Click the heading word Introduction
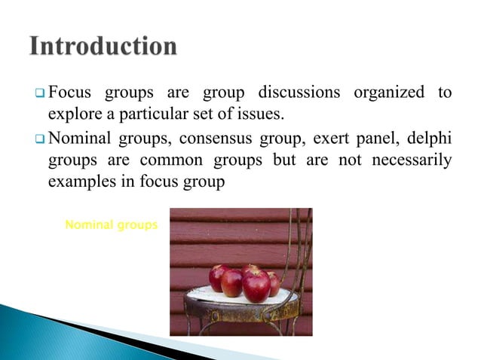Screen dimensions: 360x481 [103, 47]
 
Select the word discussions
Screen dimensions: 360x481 [299, 93]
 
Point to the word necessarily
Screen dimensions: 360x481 [412, 160]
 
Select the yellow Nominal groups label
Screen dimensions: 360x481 [112, 224]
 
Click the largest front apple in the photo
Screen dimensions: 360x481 [256, 285]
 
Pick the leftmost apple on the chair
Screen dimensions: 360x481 [220, 276]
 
